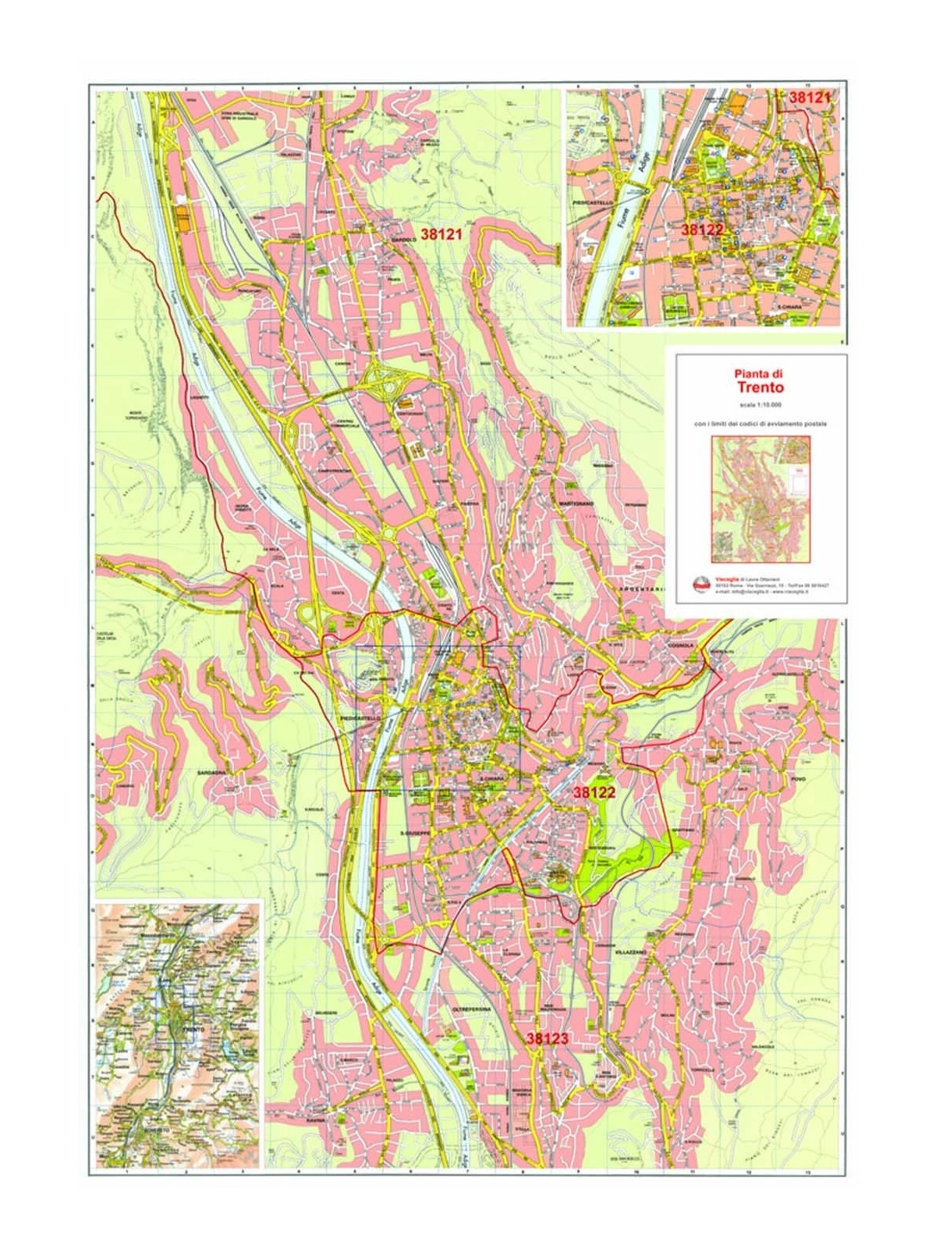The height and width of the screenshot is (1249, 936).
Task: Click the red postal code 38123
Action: point(551,1039)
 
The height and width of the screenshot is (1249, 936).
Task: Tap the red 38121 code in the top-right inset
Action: point(810,98)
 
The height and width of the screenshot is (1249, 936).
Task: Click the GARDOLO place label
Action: point(402,240)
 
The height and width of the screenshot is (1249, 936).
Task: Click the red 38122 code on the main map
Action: point(595,792)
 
